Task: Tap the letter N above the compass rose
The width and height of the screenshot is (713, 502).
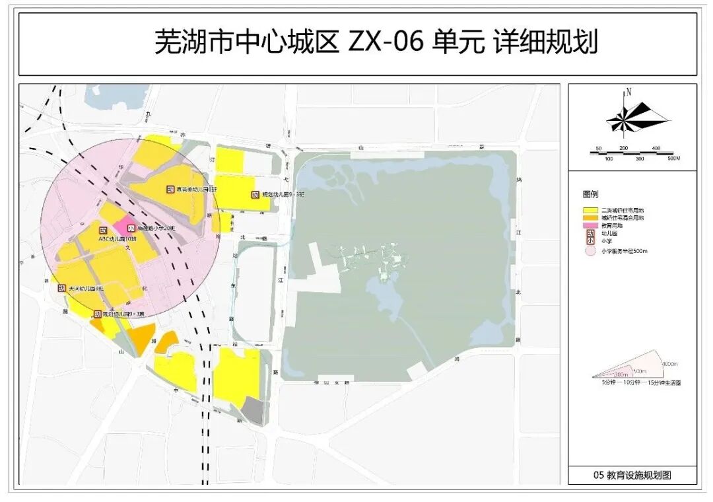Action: pos(629,92)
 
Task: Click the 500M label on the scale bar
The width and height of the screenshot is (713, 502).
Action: pos(673,159)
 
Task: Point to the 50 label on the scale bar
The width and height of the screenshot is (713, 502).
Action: pos(598,149)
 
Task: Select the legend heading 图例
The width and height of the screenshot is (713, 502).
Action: pos(590,195)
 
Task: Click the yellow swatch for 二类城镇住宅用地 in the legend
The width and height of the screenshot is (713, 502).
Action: pos(590,209)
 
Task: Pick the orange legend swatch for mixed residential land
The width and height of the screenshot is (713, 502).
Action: pos(590,217)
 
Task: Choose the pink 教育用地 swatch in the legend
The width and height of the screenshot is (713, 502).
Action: pos(590,225)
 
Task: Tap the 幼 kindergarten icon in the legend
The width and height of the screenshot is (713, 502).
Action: pos(590,233)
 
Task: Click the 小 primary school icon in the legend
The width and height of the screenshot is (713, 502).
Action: pos(590,242)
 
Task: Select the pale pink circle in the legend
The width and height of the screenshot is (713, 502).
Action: pos(590,251)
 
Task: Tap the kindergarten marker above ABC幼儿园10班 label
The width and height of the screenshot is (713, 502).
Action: pos(103,231)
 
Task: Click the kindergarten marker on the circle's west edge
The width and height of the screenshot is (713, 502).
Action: pos(61,288)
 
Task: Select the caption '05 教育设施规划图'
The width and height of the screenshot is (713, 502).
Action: pos(632,475)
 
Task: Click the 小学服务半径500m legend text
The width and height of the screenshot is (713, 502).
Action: pos(625,251)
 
